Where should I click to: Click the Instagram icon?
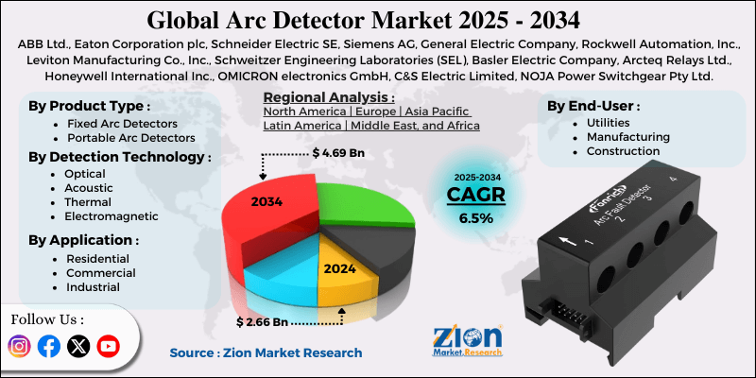click(19, 347)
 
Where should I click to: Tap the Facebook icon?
click(49, 347)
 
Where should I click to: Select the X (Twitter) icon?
click(79, 347)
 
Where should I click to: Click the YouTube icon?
click(110, 347)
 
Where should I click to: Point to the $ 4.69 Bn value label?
click(338, 151)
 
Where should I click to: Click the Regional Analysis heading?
click(328, 97)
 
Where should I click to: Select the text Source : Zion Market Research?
click(266, 352)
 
